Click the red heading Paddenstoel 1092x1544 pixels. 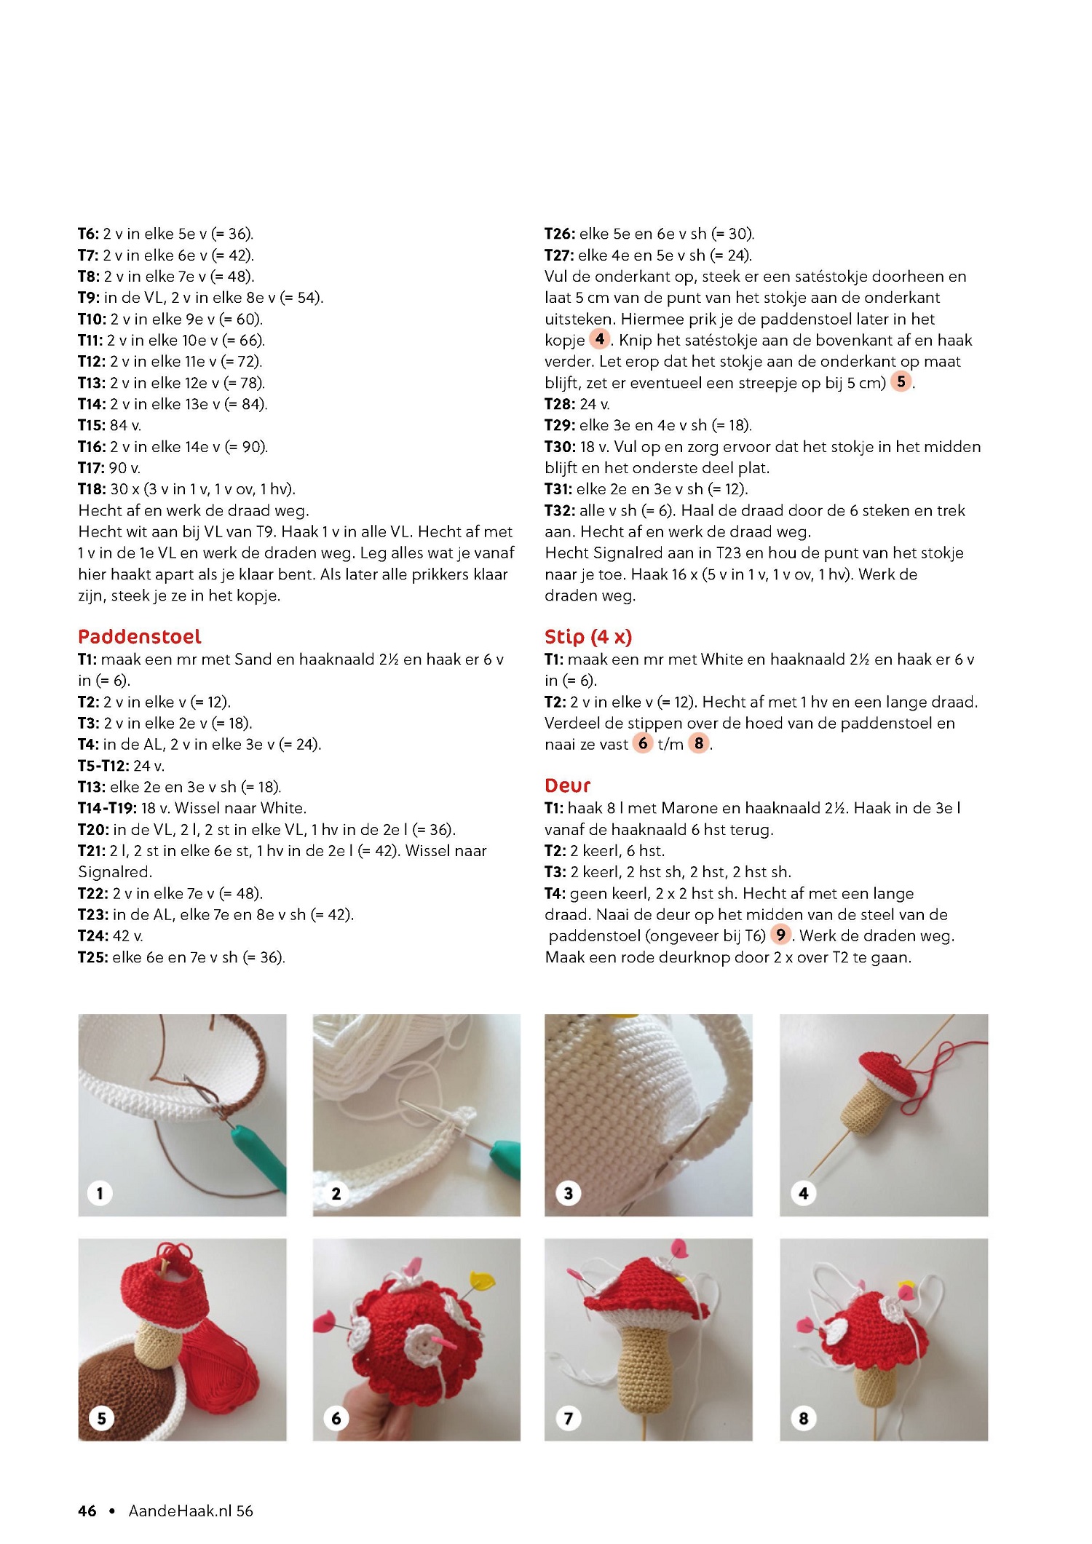coord(139,637)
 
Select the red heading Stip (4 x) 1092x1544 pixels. coord(588,637)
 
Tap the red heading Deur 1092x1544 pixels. coord(567,785)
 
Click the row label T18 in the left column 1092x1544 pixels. coord(91,489)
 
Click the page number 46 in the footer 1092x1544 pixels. coord(87,1511)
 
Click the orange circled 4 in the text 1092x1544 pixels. coord(599,339)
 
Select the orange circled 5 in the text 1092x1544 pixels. coord(901,381)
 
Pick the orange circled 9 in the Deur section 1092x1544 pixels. coord(780,935)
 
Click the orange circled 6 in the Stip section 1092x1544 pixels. coord(643,743)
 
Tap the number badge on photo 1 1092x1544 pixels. coord(100,1192)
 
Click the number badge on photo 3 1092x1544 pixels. coord(569,1192)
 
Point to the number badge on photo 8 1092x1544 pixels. coord(804,1417)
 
